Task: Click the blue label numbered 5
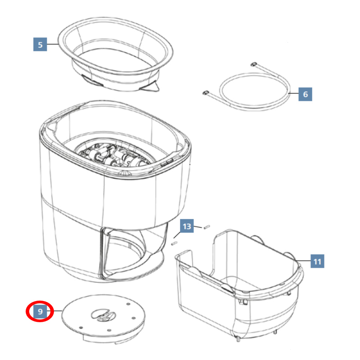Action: tap(40, 44)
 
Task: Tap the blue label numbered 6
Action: tap(305, 94)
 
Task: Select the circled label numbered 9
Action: tap(40, 311)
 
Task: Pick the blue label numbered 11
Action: tap(317, 261)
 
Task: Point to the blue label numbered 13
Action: tap(187, 226)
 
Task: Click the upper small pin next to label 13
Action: tap(207, 227)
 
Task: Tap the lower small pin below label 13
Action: tap(174, 243)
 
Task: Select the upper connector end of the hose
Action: tap(253, 64)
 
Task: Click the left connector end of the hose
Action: tap(206, 93)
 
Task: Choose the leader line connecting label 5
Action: tap(53, 44)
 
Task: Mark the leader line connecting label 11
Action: tap(303, 261)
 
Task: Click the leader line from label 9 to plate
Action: tap(54, 311)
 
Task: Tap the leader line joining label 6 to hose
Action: tap(293, 93)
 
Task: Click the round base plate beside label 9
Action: tap(103, 318)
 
